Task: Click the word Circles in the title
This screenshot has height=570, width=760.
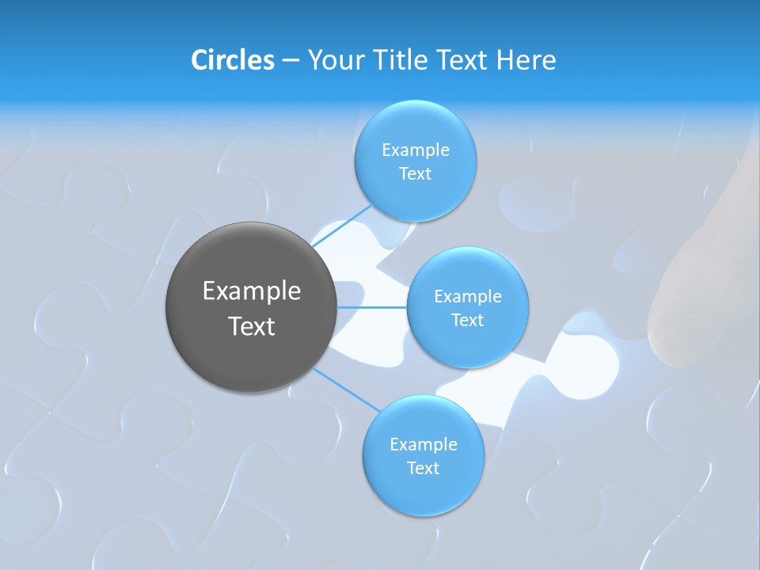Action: tap(233, 60)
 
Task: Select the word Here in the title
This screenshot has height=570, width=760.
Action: tap(526, 60)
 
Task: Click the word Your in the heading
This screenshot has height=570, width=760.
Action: tap(335, 60)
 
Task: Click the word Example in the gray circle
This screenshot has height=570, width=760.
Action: tap(252, 291)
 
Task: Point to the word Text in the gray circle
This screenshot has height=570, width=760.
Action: tap(252, 326)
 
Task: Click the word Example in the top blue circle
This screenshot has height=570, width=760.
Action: tap(416, 150)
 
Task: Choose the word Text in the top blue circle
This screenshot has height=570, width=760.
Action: tap(416, 174)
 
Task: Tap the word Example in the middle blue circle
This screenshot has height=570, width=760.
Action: tap(468, 297)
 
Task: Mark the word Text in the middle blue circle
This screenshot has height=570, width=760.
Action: tap(468, 321)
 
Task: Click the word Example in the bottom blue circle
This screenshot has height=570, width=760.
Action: tap(423, 445)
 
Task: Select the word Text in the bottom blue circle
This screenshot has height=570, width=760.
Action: tap(423, 469)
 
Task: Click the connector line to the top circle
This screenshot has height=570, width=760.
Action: tap(341, 228)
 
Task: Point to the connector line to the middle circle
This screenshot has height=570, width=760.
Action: tap(372, 307)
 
